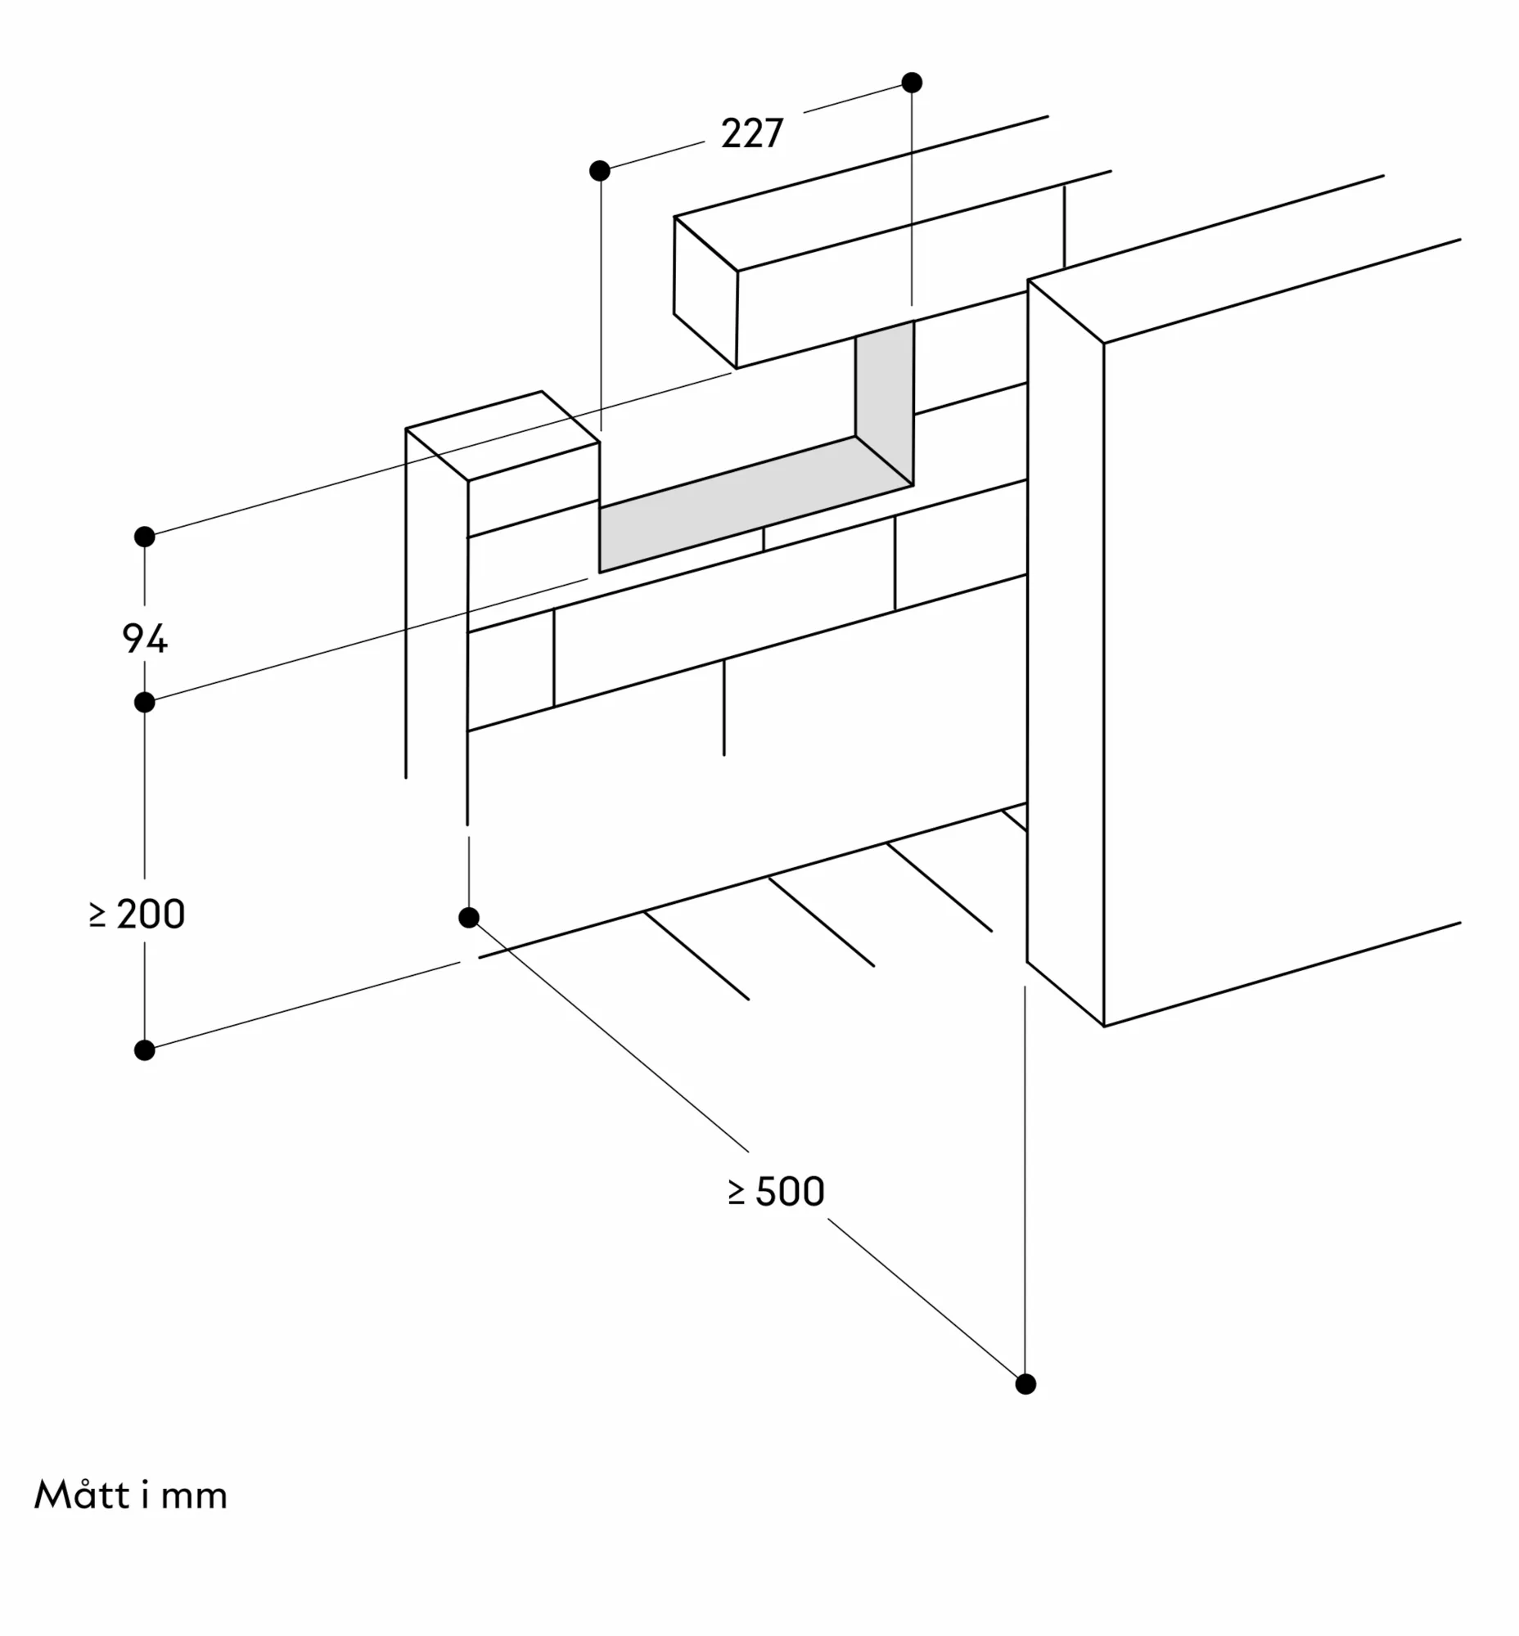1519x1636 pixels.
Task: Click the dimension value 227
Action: pyautogui.click(x=752, y=133)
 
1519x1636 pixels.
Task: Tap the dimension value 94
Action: pyautogui.click(x=145, y=639)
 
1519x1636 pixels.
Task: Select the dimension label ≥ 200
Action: pyautogui.click(x=138, y=914)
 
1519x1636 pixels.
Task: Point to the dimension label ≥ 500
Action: pyautogui.click(x=777, y=1192)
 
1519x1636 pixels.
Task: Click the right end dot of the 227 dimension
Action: pyautogui.click(x=912, y=82)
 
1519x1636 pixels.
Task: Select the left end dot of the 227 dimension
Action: pyautogui.click(x=600, y=171)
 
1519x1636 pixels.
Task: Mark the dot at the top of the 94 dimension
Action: pyautogui.click(x=145, y=537)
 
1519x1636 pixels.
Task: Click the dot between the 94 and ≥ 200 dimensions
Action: pyautogui.click(x=145, y=703)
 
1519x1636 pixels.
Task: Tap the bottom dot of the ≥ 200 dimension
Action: pyautogui.click(x=145, y=1050)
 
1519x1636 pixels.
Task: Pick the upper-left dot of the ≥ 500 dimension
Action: pyautogui.click(x=469, y=918)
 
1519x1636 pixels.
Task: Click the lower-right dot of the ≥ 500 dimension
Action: pyautogui.click(x=1025, y=1385)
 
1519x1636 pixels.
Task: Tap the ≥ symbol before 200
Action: pyautogui.click(x=98, y=915)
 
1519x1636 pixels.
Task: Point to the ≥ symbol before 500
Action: pyautogui.click(x=737, y=1193)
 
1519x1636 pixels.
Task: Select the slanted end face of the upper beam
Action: pyautogui.click(x=705, y=292)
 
